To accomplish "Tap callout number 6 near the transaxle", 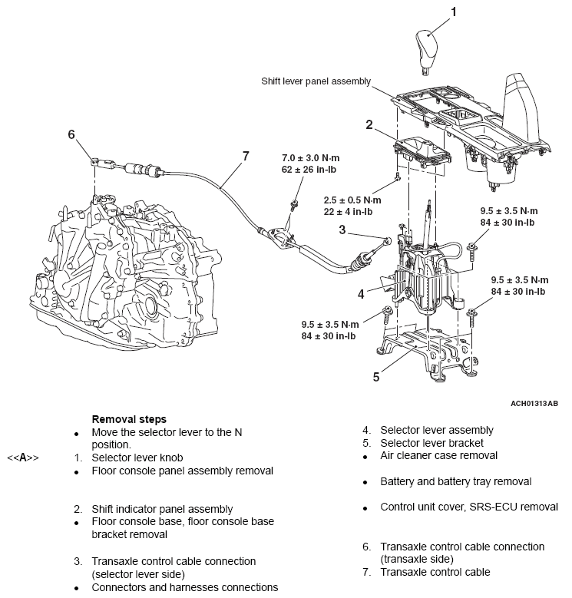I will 71,134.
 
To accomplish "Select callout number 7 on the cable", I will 246,156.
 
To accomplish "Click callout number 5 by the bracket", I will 375,376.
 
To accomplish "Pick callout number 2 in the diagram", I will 369,124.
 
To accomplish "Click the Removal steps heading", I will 129,420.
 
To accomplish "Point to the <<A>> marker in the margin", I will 23,458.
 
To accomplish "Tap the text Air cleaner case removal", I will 438,456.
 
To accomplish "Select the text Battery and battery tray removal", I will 456,482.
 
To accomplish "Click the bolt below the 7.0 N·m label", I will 294,205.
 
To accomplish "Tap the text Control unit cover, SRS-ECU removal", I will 469,507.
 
